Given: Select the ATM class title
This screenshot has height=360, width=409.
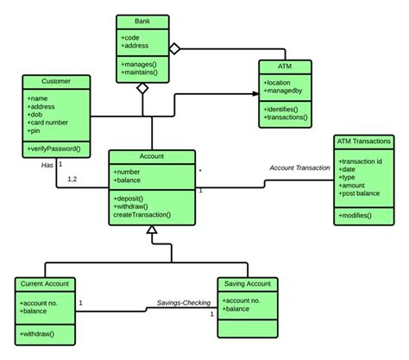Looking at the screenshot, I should click(x=286, y=65).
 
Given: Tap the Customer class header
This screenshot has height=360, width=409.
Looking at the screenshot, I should click(x=56, y=81).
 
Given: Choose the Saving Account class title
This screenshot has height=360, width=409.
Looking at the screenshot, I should click(x=247, y=284).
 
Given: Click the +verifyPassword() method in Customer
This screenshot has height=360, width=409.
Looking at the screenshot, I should click(x=54, y=149).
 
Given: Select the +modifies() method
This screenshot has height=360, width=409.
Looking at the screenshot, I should click(x=356, y=213).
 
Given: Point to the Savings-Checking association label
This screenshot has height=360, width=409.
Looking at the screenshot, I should click(x=183, y=303).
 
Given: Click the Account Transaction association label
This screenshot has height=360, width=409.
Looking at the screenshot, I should click(x=299, y=167).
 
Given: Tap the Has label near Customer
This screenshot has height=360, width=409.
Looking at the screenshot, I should click(x=47, y=165).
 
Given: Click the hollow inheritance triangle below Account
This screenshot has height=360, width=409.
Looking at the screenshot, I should click(x=152, y=231).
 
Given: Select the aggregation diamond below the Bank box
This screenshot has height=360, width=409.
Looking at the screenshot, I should click(x=143, y=88).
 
